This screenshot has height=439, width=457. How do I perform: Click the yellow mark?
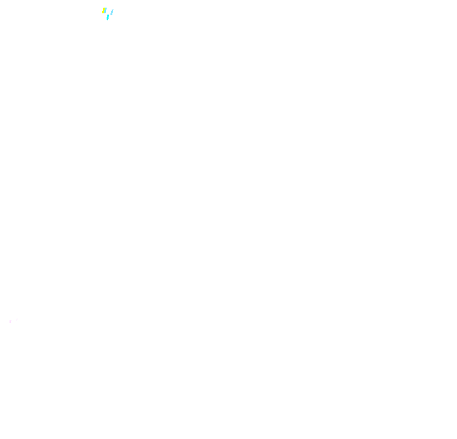[x=103, y=10]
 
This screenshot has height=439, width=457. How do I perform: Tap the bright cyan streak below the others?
[x=108, y=17]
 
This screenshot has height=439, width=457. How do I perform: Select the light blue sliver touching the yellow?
[x=105, y=10]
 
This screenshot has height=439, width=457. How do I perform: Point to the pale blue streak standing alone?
[x=112, y=12]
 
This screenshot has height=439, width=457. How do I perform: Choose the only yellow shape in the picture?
[x=103, y=10]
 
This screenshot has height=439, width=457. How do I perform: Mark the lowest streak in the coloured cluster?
[x=108, y=17]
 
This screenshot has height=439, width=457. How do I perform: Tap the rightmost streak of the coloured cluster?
[x=112, y=12]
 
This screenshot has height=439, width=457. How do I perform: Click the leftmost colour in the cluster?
[x=103, y=10]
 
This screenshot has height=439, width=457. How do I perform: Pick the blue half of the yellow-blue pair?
[x=105, y=10]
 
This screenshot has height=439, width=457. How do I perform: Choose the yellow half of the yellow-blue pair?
[x=103, y=10]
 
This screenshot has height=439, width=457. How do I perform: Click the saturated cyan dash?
[x=108, y=17]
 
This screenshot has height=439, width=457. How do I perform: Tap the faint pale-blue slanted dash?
[x=112, y=12]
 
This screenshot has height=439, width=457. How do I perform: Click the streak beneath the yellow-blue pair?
[x=108, y=17]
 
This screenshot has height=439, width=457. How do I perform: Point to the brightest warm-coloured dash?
[x=103, y=10]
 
